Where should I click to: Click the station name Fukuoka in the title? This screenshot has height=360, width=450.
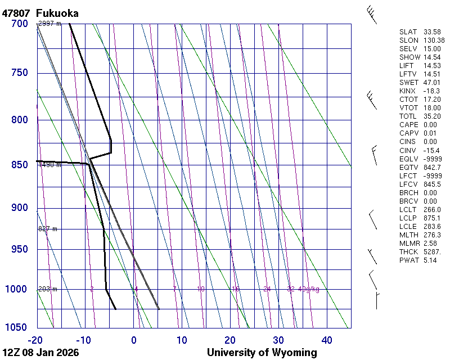pyautogui.click(x=57, y=13)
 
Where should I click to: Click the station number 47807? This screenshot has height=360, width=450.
pyautogui.click(x=16, y=13)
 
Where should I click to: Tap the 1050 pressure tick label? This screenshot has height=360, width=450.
pyautogui.click(x=17, y=328)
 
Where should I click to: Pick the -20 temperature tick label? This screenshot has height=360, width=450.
pyautogui.click(x=36, y=340)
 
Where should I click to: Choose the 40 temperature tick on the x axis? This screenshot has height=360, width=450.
pyautogui.click(x=327, y=340)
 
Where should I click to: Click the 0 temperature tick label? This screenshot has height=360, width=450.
pyautogui.click(x=134, y=340)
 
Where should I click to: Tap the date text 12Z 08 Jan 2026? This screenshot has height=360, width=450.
pyautogui.click(x=40, y=353)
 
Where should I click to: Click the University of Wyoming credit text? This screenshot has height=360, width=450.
pyautogui.click(x=262, y=353)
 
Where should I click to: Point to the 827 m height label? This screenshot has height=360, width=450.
pyautogui.click(x=48, y=229)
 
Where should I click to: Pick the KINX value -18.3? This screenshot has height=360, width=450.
pyautogui.click(x=431, y=91)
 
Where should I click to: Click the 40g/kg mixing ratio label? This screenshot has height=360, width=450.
pyautogui.click(x=309, y=289)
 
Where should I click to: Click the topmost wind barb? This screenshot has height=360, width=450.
pyautogui.click(x=371, y=13)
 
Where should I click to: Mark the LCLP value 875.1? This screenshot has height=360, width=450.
pyautogui.click(x=431, y=218)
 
